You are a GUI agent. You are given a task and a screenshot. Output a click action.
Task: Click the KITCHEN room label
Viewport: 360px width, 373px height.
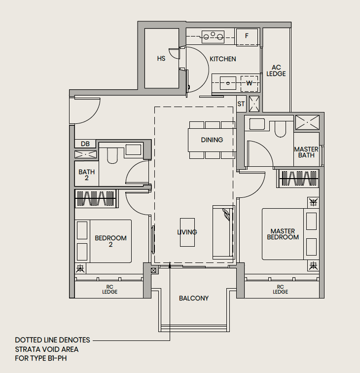[x=223, y=59]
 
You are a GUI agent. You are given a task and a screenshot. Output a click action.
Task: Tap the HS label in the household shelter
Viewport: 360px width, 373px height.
[x=161, y=59]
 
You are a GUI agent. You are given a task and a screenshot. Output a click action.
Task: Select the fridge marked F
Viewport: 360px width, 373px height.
[x=247, y=37]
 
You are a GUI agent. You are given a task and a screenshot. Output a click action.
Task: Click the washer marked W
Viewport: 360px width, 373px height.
[x=249, y=83]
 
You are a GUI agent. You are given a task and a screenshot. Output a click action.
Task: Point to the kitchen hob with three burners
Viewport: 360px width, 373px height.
[x=213, y=37]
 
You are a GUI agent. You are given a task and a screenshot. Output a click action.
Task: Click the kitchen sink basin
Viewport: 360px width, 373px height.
[x=228, y=83]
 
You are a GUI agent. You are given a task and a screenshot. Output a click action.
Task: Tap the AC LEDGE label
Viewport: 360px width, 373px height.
[x=276, y=71]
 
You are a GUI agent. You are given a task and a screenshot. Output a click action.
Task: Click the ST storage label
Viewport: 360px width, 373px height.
[x=241, y=104]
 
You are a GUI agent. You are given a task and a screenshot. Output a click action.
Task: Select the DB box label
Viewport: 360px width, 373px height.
[x=85, y=144]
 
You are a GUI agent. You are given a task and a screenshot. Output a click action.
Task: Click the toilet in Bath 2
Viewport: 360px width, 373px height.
[x=112, y=156]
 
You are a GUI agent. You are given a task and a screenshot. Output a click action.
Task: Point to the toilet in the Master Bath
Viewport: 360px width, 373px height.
[x=280, y=129]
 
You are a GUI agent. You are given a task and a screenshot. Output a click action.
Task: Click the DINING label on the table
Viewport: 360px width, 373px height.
[x=212, y=140]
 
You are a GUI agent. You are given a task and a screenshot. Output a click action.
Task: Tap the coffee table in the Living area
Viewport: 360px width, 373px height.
[x=187, y=232]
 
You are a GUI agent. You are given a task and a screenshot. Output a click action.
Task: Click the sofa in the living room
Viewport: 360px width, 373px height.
[x=223, y=232]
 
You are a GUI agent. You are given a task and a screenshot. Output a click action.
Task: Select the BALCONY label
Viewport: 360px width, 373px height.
[x=194, y=298]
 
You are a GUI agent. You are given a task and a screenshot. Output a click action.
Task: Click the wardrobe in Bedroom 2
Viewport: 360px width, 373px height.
[x=96, y=199]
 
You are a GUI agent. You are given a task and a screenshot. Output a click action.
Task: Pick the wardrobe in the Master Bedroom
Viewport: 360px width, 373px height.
[x=298, y=179]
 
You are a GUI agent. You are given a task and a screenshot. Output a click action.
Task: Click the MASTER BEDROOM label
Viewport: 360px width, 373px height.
[x=283, y=234]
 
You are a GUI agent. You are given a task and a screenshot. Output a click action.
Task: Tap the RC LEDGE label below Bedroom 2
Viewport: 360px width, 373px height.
[x=110, y=289]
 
